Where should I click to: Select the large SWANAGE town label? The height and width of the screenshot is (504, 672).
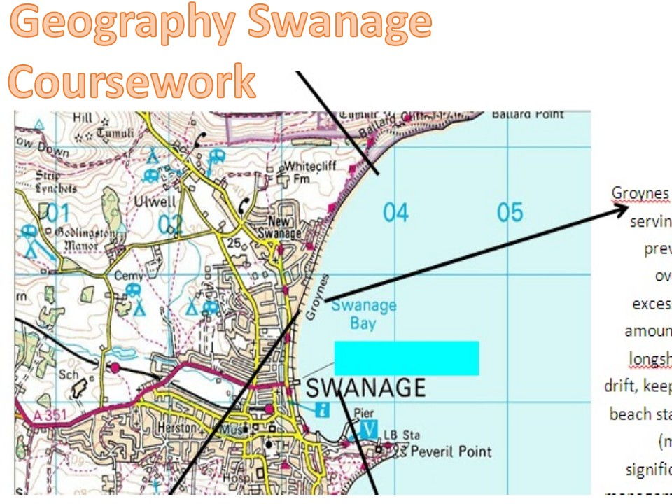point(366,387)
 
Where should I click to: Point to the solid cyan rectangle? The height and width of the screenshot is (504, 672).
point(406,358)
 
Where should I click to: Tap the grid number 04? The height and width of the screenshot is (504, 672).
point(395,211)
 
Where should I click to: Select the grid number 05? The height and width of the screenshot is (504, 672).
point(510,211)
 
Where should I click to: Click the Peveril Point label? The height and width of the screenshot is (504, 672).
point(451,451)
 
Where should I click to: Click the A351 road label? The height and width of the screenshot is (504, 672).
point(50,415)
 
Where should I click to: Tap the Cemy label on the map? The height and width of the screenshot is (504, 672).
point(129,276)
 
